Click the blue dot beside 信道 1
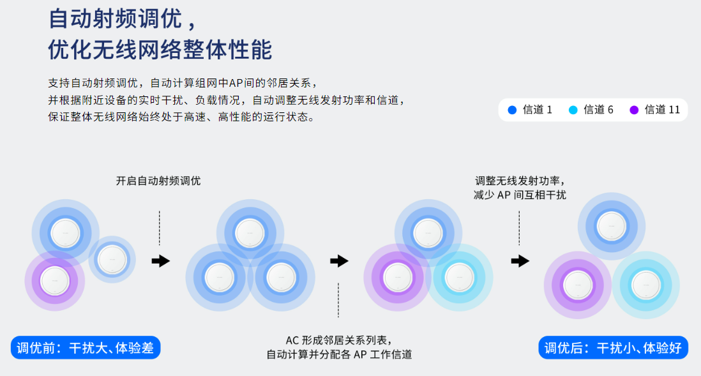[x=512, y=110]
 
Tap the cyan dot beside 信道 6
[x=573, y=110]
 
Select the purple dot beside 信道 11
[x=634, y=110]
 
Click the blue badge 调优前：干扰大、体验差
[x=86, y=348]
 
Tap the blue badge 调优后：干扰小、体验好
[x=614, y=348]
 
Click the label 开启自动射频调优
[x=158, y=181]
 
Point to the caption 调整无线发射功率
[x=520, y=181]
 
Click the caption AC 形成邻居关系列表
[x=338, y=340]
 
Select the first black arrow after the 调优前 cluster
[x=161, y=260]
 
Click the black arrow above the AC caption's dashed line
[x=339, y=260]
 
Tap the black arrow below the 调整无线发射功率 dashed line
[x=520, y=260]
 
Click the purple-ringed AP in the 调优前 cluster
[x=54, y=280]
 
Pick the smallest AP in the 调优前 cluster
[x=112, y=259]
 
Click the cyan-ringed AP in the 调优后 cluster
[x=645, y=285]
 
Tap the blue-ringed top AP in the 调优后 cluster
[x=611, y=225]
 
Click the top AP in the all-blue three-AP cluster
[x=249, y=233]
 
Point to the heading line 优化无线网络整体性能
[x=160, y=49]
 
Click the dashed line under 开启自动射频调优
[x=160, y=228]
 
